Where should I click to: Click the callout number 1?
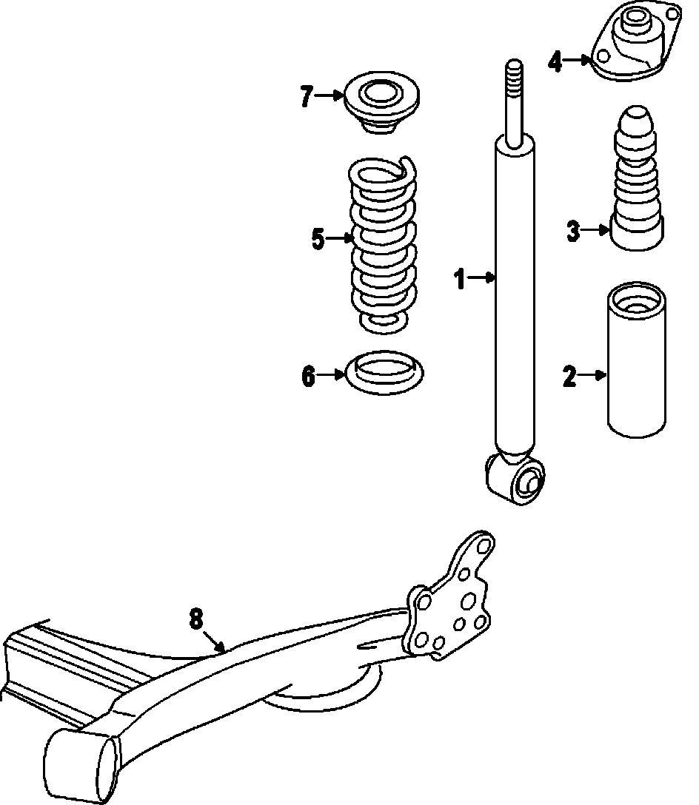tap(461, 279)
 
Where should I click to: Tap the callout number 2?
tap(569, 377)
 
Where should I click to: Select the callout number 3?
tap(573, 231)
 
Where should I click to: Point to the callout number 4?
tap(555, 61)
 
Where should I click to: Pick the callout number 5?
tap(318, 239)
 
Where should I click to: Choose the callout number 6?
tap(308, 377)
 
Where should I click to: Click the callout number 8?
tap(195, 619)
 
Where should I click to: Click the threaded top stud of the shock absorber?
tap(515, 96)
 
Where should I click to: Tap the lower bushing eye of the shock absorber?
tap(517, 482)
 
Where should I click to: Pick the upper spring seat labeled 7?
tap(382, 104)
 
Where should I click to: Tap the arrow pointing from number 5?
tap(341, 238)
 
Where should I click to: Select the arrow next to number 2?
tap(592, 376)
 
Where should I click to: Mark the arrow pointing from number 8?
tap(215, 641)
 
